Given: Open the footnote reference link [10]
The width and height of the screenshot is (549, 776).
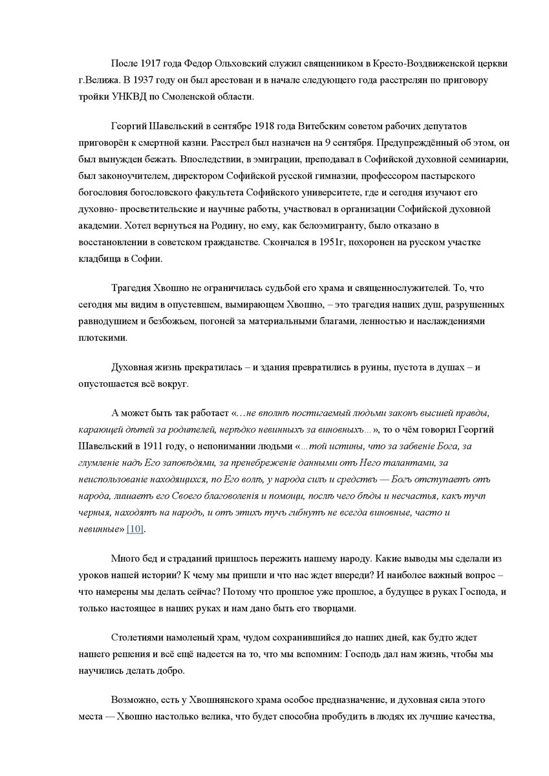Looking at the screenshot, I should coord(135,530).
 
